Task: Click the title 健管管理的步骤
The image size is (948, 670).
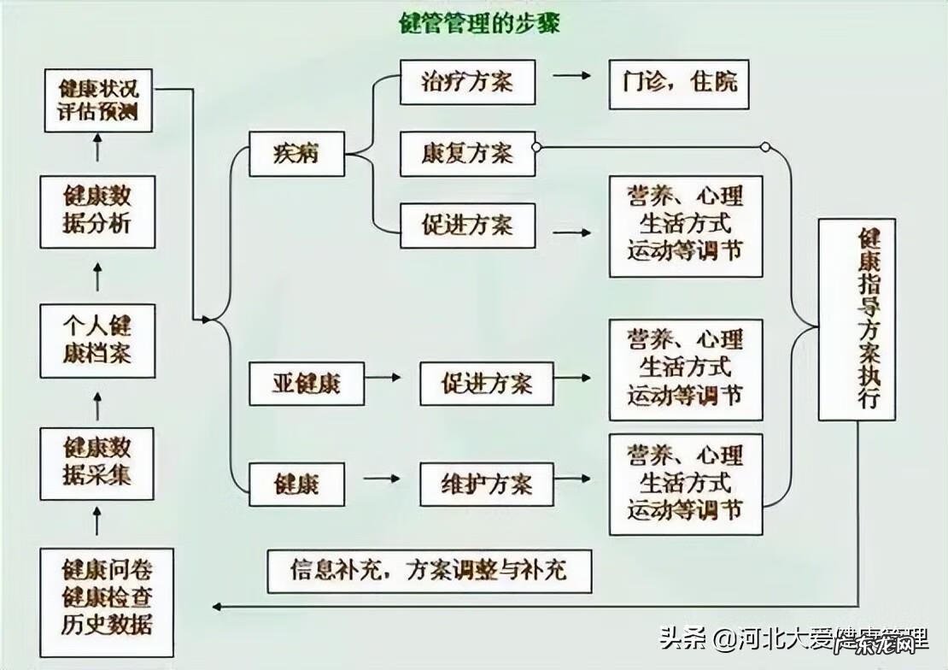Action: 480,23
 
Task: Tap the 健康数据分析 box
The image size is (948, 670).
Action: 97,210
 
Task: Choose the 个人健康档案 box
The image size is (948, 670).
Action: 97,340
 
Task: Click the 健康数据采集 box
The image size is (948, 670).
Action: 97,463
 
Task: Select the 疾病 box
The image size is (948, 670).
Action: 296,154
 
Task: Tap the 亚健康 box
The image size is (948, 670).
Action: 307,383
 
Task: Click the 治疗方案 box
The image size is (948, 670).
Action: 467,83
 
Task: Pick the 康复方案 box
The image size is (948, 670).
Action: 467,154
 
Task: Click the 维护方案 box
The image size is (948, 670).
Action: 487,485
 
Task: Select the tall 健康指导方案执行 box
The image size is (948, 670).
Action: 857,320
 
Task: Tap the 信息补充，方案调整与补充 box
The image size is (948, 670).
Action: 429,570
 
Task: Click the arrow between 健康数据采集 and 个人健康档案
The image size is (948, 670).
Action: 97,405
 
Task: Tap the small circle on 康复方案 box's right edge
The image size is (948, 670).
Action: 536,147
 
